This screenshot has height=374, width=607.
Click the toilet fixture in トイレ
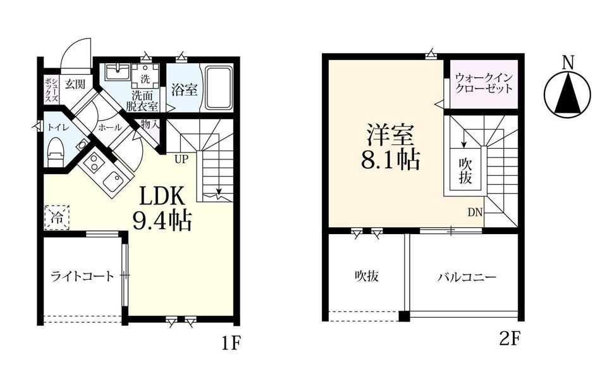(55, 153)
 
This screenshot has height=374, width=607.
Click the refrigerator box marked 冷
(56, 218)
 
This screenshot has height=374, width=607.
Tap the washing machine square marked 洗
(145, 78)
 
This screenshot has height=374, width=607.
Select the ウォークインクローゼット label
(484, 84)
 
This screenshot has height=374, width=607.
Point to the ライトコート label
(82, 276)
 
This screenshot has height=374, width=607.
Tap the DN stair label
(474, 212)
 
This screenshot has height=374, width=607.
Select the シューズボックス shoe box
(51, 90)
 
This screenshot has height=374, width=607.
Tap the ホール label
(106, 127)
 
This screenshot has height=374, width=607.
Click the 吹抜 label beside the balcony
(366, 276)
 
